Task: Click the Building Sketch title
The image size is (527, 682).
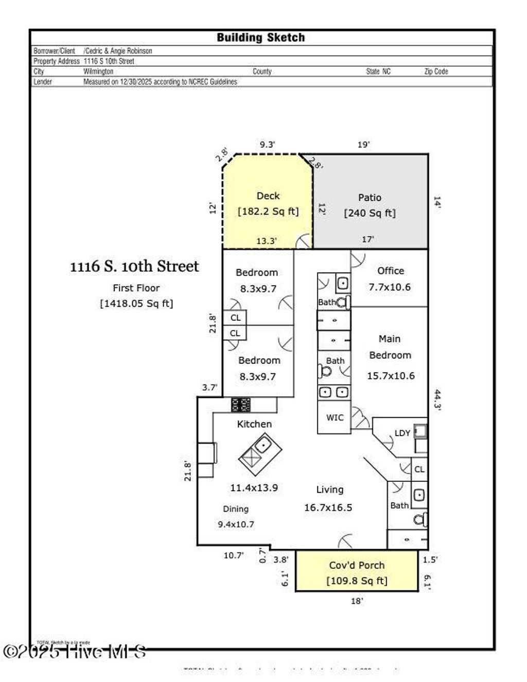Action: pyautogui.click(x=260, y=38)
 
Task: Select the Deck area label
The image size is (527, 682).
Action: pyautogui.click(x=268, y=196)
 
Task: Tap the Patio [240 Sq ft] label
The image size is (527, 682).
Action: pyautogui.click(x=370, y=205)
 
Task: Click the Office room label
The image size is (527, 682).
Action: pyautogui.click(x=390, y=271)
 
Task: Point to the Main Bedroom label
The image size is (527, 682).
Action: pyautogui.click(x=390, y=347)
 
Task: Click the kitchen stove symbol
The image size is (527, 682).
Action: pyautogui.click(x=241, y=405)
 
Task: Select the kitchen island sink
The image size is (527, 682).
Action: pyautogui.click(x=264, y=444)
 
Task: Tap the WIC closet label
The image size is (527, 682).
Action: pyautogui.click(x=335, y=417)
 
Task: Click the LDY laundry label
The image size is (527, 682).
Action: pyautogui.click(x=402, y=433)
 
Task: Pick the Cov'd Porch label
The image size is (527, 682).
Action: pyautogui.click(x=357, y=565)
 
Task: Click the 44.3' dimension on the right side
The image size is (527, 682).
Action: pyautogui.click(x=437, y=399)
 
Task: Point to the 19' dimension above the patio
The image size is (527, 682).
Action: pyautogui.click(x=363, y=145)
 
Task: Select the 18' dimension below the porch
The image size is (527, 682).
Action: pyautogui.click(x=357, y=601)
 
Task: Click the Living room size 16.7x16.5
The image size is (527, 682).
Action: pyautogui.click(x=328, y=508)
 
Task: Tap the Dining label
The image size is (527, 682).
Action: pyautogui.click(x=236, y=509)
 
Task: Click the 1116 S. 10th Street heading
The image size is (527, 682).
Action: pyautogui.click(x=134, y=266)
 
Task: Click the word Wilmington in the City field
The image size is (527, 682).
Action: pyautogui.click(x=98, y=72)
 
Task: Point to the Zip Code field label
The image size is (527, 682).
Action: pyautogui.click(x=436, y=72)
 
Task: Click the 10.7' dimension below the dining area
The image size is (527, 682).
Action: pyautogui.click(x=233, y=555)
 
